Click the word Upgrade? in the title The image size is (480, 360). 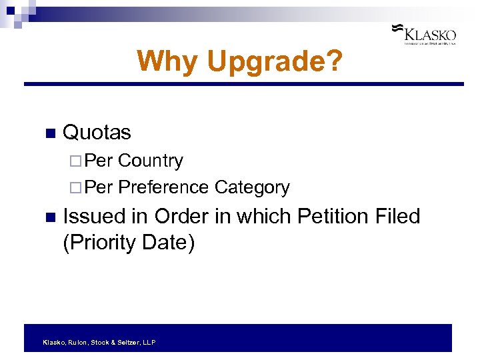275,62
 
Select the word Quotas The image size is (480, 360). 96,132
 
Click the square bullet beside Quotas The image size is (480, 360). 49,133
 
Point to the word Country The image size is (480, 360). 150,161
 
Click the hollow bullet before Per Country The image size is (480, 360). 73,161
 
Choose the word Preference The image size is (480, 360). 163,187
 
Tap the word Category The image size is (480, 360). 252,188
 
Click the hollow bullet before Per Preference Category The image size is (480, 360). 73,188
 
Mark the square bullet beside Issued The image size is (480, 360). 49,217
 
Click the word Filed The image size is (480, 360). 397,216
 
